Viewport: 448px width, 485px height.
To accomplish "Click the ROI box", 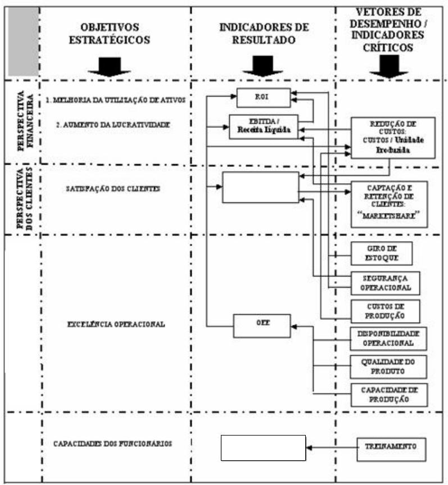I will (x=263, y=97).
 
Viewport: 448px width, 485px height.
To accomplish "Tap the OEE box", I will (x=262, y=325).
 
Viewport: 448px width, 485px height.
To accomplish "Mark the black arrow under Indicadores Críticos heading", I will (x=388, y=66).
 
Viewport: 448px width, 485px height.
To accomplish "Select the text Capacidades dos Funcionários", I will (x=112, y=443).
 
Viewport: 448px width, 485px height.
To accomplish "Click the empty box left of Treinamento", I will (x=263, y=447).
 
